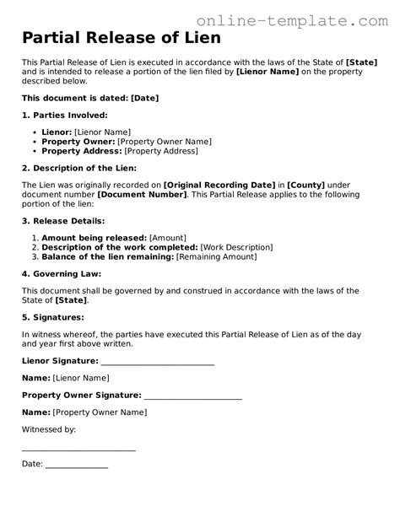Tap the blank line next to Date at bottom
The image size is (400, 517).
(76, 464)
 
